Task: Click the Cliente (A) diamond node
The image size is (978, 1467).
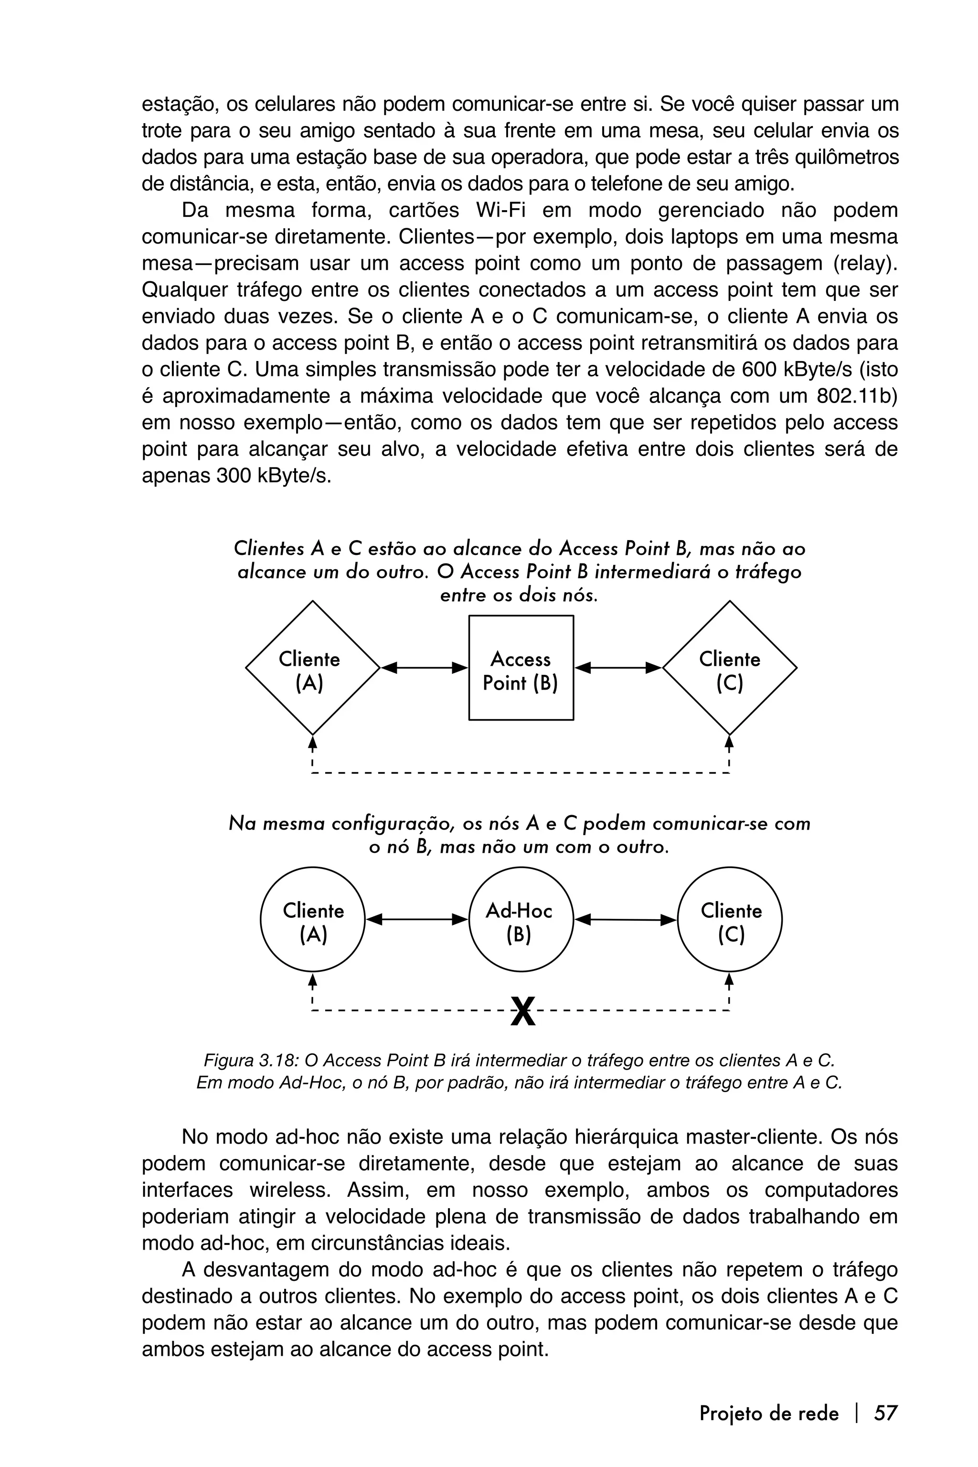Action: (312, 668)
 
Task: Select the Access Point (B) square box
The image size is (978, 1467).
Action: (521, 668)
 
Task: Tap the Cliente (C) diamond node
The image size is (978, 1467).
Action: (729, 668)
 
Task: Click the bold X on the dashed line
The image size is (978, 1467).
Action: (523, 1012)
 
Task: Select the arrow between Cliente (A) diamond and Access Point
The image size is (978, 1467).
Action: (424, 668)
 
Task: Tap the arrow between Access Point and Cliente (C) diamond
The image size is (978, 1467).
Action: (617, 668)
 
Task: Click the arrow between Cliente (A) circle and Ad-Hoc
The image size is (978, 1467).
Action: (416, 919)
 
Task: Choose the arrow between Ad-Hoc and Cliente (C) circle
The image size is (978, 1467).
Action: (625, 919)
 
